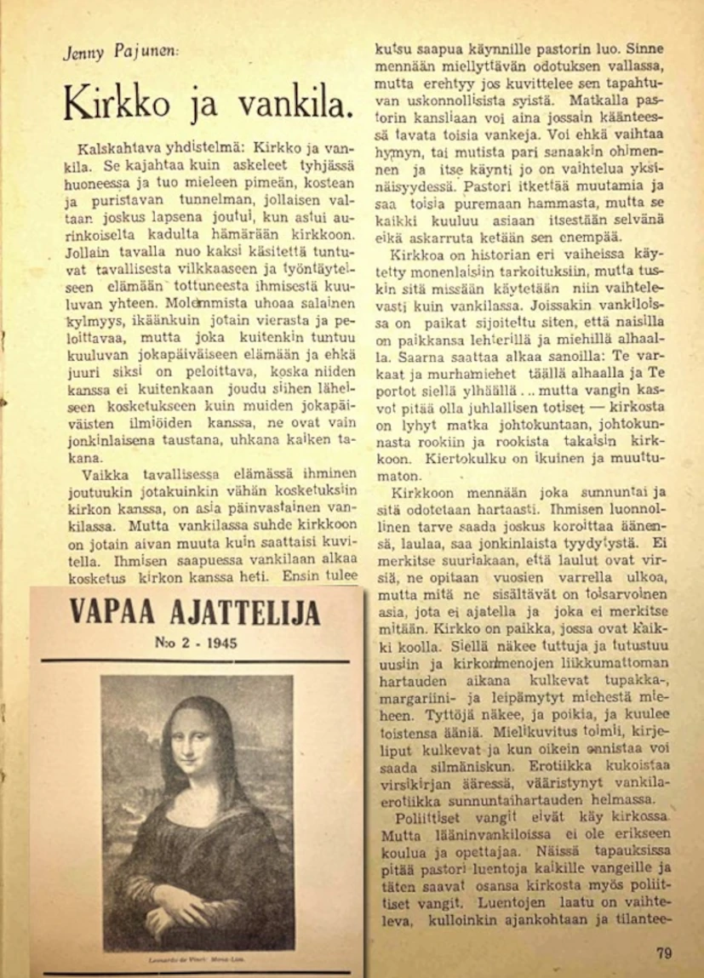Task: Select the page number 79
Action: coord(665,952)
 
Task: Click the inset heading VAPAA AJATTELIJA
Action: coord(194,612)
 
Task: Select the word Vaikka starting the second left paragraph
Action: coord(104,476)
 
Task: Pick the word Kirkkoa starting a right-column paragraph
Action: coord(415,255)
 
